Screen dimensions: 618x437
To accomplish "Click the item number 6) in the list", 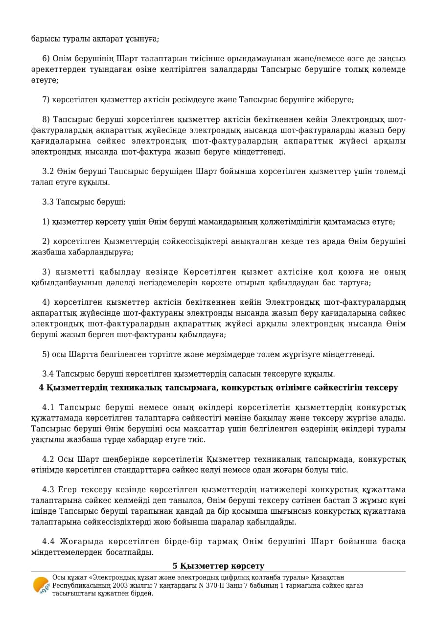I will (x=46, y=59).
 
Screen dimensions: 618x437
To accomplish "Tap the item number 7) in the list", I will (x=46, y=100).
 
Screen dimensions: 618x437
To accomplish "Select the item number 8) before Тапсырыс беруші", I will (x=46, y=120).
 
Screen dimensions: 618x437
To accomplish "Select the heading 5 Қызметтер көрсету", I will (x=218, y=566).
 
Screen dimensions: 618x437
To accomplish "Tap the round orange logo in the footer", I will (x=41, y=585).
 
